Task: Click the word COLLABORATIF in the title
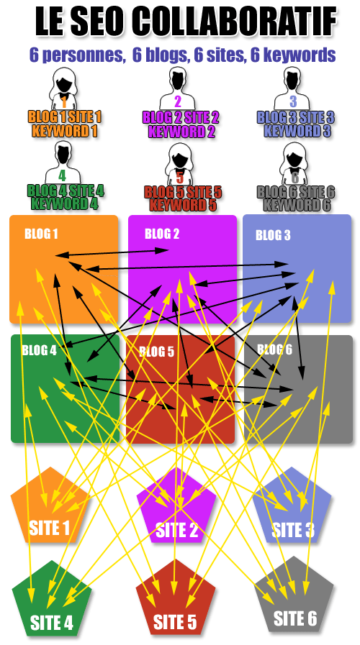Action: pyautogui.click(x=235, y=22)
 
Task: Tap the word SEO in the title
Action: pyautogui.click(x=99, y=22)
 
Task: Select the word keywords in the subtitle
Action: pyautogui.click(x=293, y=55)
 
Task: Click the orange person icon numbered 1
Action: pyautogui.click(x=64, y=89)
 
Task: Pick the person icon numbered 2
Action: pyautogui.click(x=177, y=89)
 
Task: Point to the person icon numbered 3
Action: pyautogui.click(x=292, y=88)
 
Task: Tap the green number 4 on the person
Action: pyautogui.click(x=62, y=175)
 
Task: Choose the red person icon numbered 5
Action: pyautogui.click(x=179, y=165)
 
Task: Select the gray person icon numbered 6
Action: pyautogui.click(x=294, y=164)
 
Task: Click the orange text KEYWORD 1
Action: pyautogui.click(x=64, y=131)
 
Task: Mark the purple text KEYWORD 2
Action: pyautogui.click(x=181, y=132)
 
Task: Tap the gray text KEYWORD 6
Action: pyautogui.click(x=297, y=204)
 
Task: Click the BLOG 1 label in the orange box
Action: pyautogui.click(x=41, y=234)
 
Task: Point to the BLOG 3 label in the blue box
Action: pyautogui.click(x=273, y=235)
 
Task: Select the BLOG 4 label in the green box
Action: pyautogui.click(x=39, y=350)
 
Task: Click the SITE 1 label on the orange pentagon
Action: pyautogui.click(x=50, y=528)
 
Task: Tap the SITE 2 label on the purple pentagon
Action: pyautogui.click(x=176, y=530)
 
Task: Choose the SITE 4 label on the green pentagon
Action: pyautogui.click(x=52, y=623)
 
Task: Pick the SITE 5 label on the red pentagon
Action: pyautogui.click(x=175, y=622)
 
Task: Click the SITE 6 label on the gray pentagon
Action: pyautogui.click(x=295, y=618)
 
